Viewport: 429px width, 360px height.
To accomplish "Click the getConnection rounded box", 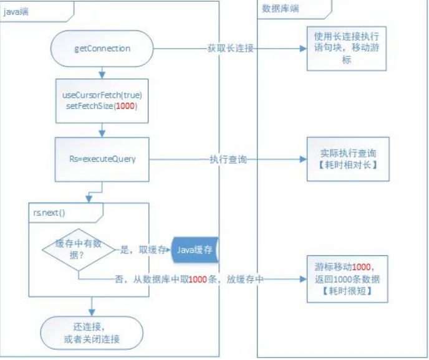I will tap(103, 47).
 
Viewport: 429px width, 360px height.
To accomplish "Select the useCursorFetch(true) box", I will tap(103, 100).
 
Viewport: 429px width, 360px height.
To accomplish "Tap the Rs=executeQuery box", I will tap(103, 159).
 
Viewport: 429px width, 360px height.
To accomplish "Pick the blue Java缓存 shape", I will tap(195, 250).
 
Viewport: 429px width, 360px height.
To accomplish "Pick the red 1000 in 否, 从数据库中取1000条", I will tap(198, 280).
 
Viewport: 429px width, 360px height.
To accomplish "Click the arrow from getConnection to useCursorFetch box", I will tap(103, 70).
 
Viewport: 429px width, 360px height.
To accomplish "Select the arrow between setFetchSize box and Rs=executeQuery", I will tap(103, 129).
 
